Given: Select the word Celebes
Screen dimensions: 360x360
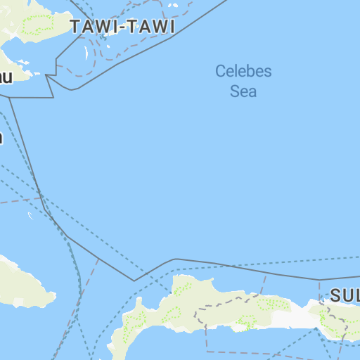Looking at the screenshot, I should pos(243,71).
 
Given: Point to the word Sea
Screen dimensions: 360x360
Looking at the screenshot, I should pos(243,91).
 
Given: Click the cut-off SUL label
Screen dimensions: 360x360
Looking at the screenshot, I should pos(345,295).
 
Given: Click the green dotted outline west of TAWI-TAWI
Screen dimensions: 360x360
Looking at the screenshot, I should pos(39,23).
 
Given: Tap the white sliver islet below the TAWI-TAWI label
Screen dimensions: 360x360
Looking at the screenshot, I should pos(87,53).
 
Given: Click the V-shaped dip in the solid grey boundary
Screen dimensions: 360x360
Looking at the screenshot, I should pos(134,281).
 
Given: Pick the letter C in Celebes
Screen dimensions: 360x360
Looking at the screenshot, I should pos(220,71).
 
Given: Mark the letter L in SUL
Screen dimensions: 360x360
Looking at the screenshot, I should pos(356,295).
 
